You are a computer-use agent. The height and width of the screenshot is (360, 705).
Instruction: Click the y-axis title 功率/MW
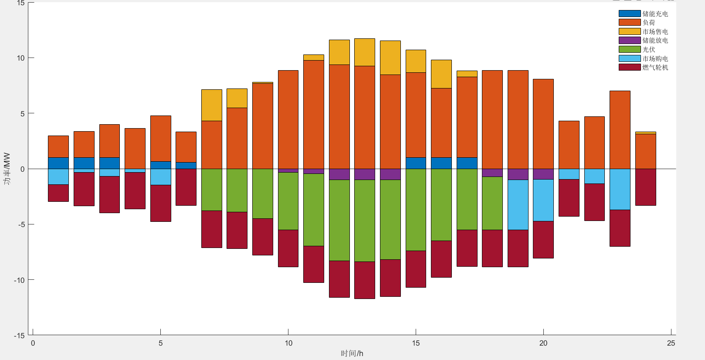7,169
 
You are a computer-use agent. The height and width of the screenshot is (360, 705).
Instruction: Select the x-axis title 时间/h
352,353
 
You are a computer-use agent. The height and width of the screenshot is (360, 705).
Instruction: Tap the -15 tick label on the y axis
19,336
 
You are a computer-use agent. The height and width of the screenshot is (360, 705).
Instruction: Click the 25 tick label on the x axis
671,343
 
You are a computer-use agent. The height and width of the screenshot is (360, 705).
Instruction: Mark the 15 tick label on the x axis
416,343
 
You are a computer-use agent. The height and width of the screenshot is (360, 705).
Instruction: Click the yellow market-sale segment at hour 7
212,105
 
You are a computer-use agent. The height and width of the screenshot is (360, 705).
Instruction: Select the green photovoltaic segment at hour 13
365,221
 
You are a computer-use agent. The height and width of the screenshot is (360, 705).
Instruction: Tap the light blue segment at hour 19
518,204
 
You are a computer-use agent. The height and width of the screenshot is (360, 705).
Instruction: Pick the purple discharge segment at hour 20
543,174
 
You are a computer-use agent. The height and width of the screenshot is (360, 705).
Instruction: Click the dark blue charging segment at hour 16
441,163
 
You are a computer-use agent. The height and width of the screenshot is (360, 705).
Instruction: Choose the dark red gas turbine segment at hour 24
646,187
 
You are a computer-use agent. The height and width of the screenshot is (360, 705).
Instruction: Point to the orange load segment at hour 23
620,130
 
